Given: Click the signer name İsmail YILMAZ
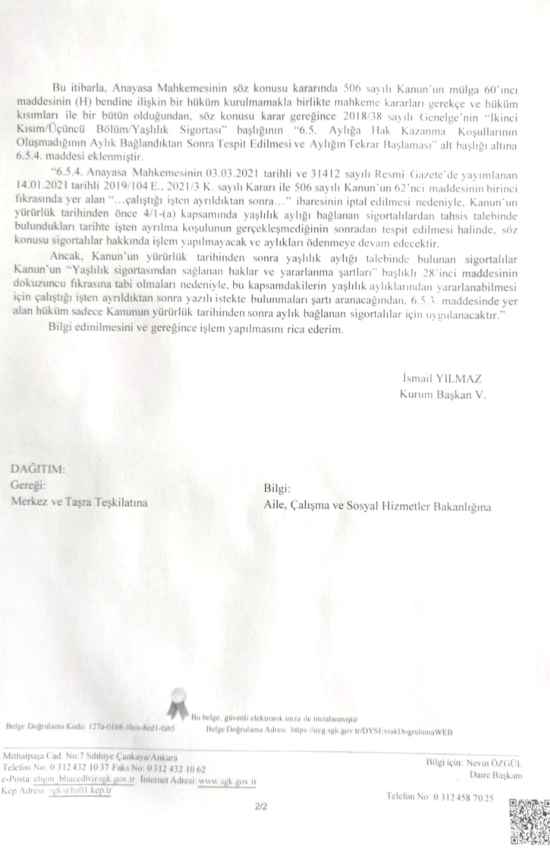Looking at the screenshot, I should click(x=442, y=379).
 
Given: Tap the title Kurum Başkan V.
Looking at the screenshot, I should click(x=442, y=394).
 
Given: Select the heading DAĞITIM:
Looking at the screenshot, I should click(x=38, y=470).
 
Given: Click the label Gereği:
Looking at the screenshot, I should click(x=29, y=485).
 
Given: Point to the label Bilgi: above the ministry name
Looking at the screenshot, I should click(x=276, y=489).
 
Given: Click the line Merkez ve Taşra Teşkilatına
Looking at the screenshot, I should click(x=79, y=502).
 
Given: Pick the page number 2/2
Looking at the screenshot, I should click(x=261, y=807).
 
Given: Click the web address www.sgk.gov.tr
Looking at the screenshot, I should click(x=227, y=781).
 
